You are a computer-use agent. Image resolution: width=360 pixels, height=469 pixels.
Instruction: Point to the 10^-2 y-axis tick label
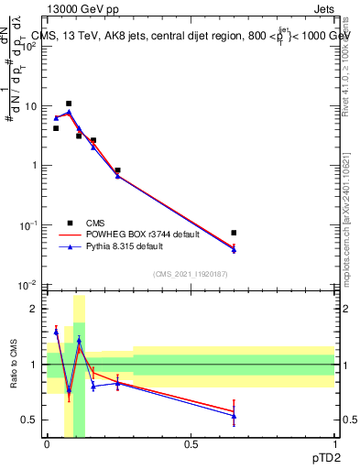[29, 285]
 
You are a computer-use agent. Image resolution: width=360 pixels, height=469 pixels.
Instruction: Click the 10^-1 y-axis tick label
[29, 225]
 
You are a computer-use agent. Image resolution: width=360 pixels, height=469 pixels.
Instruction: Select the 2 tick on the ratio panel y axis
[35, 309]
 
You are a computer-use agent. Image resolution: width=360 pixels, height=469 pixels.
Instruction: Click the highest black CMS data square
[69, 104]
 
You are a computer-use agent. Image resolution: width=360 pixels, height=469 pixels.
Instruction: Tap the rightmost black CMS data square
[234, 233]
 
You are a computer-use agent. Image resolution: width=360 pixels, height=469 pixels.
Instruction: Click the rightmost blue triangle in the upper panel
[234, 250]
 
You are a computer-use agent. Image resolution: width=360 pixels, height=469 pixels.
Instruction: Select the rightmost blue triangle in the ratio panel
[234, 416]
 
